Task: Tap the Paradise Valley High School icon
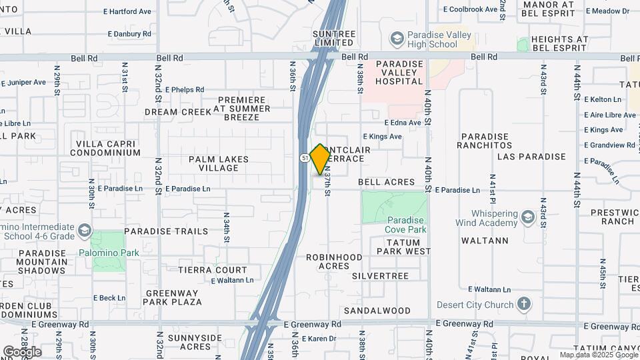398,39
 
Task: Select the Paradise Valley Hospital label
399,73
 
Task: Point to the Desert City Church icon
524,305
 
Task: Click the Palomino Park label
109,253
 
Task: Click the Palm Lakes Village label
219,163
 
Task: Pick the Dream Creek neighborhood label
178,112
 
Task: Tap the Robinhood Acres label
334,261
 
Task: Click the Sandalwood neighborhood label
377,311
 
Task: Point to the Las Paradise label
531,157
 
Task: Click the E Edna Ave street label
403,123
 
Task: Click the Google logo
23,351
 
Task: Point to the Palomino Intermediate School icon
85,231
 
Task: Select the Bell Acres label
387,182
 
